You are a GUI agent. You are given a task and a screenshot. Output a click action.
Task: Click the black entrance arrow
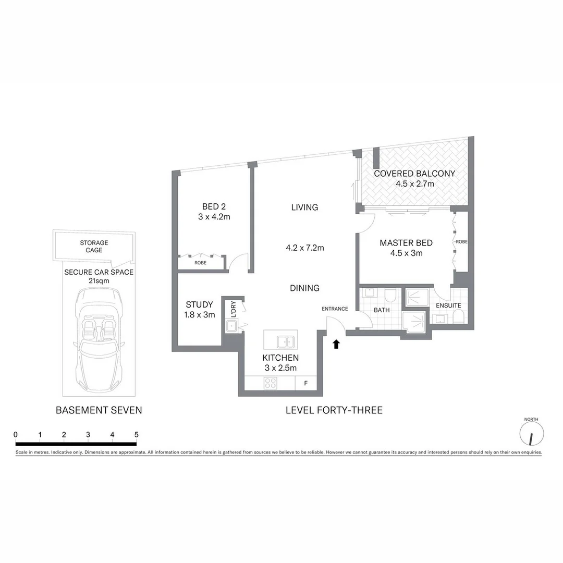(336, 344)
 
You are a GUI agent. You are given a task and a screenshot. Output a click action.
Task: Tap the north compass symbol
(532, 433)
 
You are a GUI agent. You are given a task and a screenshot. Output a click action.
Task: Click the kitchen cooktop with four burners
(270, 384)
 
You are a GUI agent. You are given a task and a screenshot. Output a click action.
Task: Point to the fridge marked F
(305, 384)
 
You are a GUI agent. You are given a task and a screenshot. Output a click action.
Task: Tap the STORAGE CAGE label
(94, 247)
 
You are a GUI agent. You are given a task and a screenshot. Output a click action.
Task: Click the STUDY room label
(200, 304)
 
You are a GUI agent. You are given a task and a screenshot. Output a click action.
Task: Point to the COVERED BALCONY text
(414, 174)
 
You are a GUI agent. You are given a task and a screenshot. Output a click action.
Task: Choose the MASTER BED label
(406, 243)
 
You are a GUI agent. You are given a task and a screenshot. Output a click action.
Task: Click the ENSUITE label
(448, 305)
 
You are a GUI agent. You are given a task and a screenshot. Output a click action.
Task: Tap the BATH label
(381, 310)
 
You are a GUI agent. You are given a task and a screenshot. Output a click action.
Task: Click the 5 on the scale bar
(137, 434)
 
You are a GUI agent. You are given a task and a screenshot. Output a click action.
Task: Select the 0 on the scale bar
(16, 434)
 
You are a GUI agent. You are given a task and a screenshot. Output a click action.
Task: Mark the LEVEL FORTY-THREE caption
(334, 410)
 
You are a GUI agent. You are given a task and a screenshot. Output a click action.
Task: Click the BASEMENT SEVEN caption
(99, 410)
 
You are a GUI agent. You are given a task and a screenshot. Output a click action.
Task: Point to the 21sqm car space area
(99, 280)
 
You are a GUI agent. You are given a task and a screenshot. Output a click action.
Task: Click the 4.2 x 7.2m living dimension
(305, 248)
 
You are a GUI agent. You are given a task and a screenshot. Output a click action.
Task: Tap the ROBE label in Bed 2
(200, 263)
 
